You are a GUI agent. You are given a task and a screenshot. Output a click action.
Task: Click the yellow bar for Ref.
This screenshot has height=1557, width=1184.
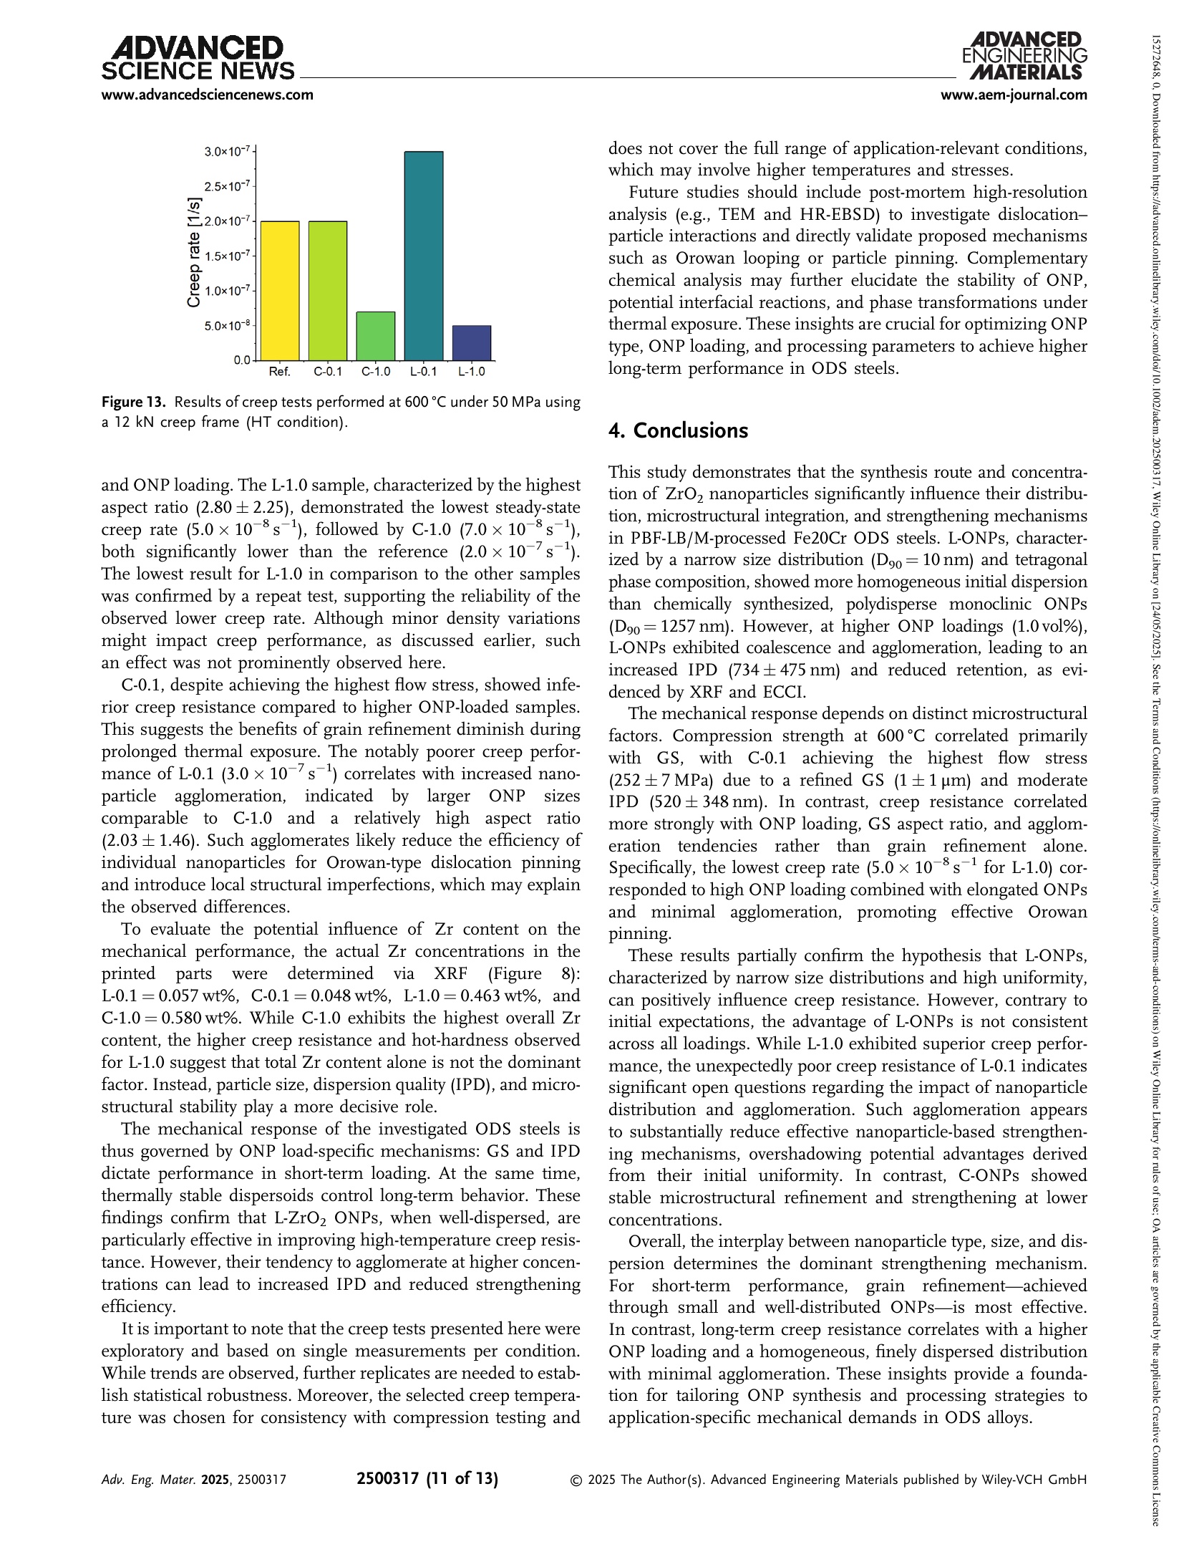coord(279,290)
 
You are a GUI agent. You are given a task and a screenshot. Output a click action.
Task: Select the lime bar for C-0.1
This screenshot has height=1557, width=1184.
coord(328,290)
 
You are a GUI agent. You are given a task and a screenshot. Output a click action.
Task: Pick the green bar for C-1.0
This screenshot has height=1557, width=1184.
coord(376,335)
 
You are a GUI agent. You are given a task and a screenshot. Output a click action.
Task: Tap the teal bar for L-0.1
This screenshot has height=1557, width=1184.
coord(424,256)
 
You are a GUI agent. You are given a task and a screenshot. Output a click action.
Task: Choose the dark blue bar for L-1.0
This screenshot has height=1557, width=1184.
coord(472,342)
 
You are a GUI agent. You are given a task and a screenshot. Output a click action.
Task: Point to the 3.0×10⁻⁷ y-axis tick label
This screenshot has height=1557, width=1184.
coord(227,151)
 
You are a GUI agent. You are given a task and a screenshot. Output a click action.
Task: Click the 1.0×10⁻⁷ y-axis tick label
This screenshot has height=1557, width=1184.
coord(227,290)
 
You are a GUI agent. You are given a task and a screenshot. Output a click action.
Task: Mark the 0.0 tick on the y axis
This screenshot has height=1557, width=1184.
coord(242,360)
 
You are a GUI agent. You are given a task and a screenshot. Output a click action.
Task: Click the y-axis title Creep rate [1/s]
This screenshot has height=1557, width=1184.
coord(194,256)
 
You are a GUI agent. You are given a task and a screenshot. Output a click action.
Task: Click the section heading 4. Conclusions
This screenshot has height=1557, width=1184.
coord(678,430)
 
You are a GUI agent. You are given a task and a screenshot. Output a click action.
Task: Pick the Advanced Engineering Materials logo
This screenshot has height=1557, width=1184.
coord(1024,56)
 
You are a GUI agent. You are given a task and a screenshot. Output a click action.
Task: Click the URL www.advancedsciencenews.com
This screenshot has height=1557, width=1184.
coord(208,95)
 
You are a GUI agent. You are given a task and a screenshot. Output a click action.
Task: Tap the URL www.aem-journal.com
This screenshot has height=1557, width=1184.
coord(1018,95)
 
